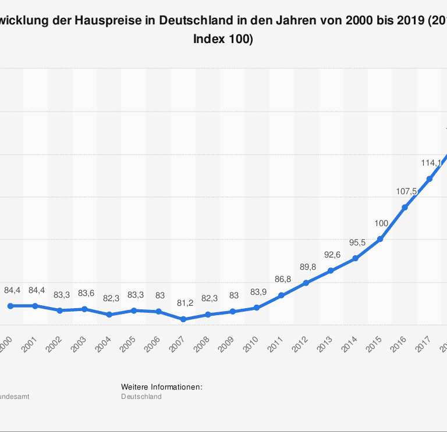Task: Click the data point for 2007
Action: click(x=183, y=319)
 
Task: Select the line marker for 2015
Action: click(x=380, y=239)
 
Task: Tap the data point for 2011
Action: click(x=281, y=295)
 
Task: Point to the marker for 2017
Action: click(x=430, y=178)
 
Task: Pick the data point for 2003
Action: click(x=85, y=309)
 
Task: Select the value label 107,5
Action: click(x=406, y=191)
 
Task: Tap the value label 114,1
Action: click(x=431, y=163)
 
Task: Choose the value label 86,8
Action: click(x=283, y=280)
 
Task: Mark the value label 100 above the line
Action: click(x=381, y=223)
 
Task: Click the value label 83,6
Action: click(x=86, y=294)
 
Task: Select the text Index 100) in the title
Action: click(x=223, y=40)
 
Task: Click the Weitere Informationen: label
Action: click(x=161, y=387)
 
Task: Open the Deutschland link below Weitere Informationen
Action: click(x=141, y=397)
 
